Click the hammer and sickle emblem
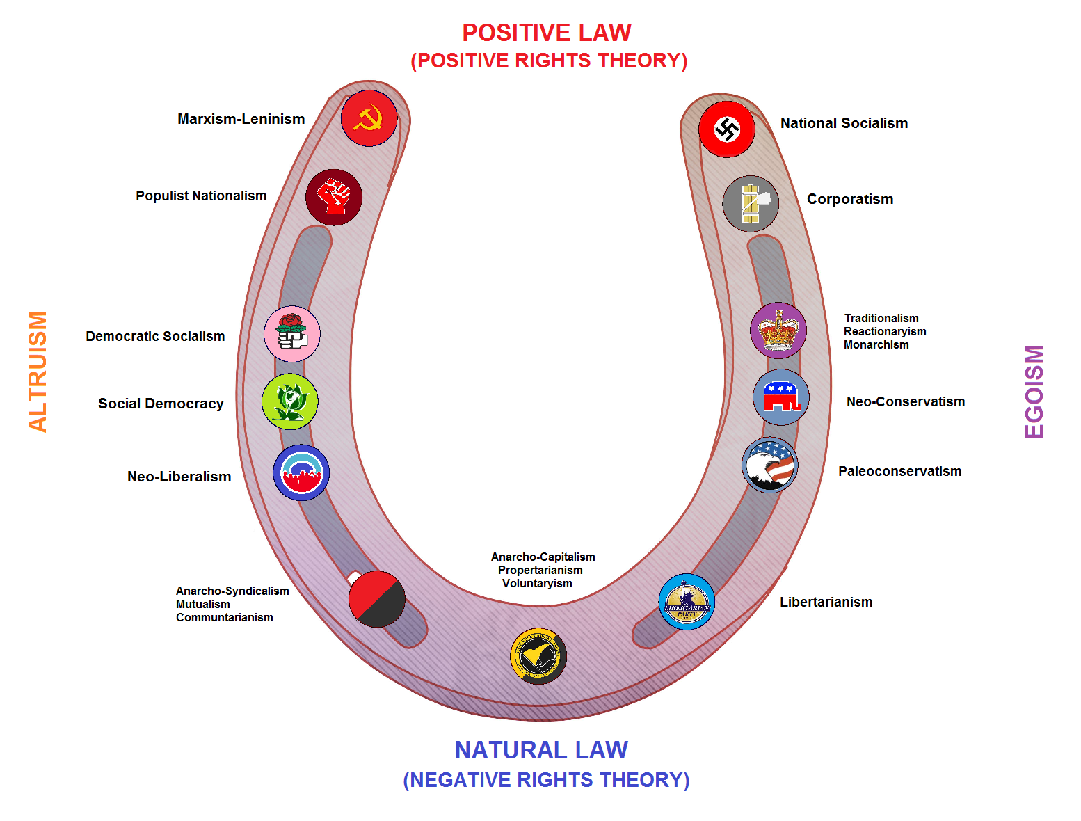[x=369, y=118]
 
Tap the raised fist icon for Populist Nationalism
[x=333, y=197]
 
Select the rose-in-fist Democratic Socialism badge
[x=292, y=334]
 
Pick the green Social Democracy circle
[x=289, y=401]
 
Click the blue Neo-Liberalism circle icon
[x=301, y=473]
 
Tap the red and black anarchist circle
[x=377, y=599]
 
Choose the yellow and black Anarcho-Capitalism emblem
[x=538, y=656]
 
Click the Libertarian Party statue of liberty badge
[x=687, y=602]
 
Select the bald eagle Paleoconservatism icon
[x=770, y=465]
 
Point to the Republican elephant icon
[x=781, y=397]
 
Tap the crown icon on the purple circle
[x=778, y=330]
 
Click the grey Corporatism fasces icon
[x=751, y=203]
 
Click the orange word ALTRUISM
[x=38, y=372]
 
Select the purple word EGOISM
[x=1034, y=392]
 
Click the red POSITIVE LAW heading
[x=547, y=33]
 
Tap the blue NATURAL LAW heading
[x=541, y=750]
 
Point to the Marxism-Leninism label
[x=241, y=119]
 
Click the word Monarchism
[x=876, y=345]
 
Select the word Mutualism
[x=203, y=605]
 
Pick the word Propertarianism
[x=540, y=571]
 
